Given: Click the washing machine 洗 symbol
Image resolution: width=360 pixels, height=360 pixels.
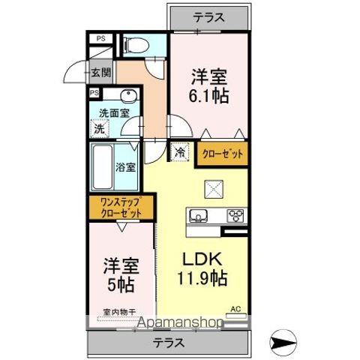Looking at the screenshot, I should (x=100, y=128).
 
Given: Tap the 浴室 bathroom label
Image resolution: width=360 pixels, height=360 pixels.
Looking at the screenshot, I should (x=126, y=166).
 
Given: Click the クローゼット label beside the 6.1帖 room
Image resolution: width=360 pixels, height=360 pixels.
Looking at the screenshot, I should (x=223, y=154).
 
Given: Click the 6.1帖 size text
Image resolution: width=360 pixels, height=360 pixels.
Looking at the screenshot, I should (x=209, y=96).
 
